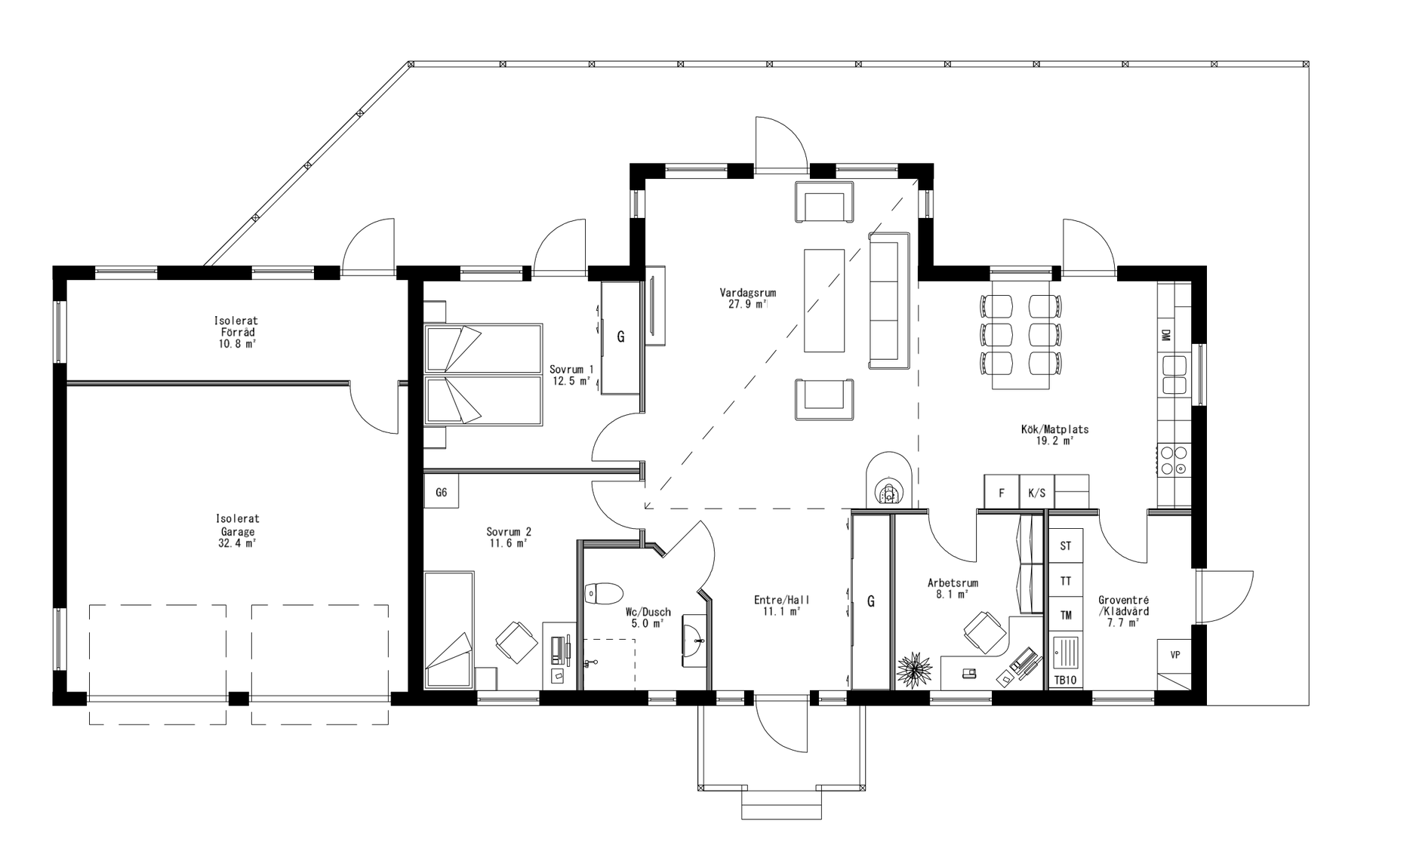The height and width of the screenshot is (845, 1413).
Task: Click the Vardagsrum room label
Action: [747, 293]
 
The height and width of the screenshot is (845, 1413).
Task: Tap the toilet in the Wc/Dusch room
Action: [604, 594]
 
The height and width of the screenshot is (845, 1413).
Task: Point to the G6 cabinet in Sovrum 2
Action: [442, 493]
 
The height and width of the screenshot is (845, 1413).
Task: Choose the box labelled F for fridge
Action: [1002, 493]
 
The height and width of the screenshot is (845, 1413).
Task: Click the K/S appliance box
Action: [1036, 493]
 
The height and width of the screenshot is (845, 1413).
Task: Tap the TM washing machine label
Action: [1066, 616]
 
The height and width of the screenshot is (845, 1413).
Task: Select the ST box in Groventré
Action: [1066, 546]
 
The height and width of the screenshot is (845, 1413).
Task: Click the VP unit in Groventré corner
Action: [1174, 655]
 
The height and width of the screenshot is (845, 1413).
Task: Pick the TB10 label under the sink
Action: [1065, 681]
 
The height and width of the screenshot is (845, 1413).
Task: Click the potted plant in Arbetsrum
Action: [914, 669]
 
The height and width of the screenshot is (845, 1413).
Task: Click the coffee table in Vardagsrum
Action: [823, 300]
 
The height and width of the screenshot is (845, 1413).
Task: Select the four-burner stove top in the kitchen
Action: [1174, 460]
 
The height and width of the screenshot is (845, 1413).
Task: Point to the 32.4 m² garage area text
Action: [237, 542]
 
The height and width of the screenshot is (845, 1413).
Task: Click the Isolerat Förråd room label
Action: [235, 327]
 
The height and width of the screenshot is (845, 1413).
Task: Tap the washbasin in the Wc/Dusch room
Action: [694, 641]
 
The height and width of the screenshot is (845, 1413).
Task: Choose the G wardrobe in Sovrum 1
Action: [620, 337]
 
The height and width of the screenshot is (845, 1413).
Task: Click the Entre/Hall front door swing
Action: [782, 724]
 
